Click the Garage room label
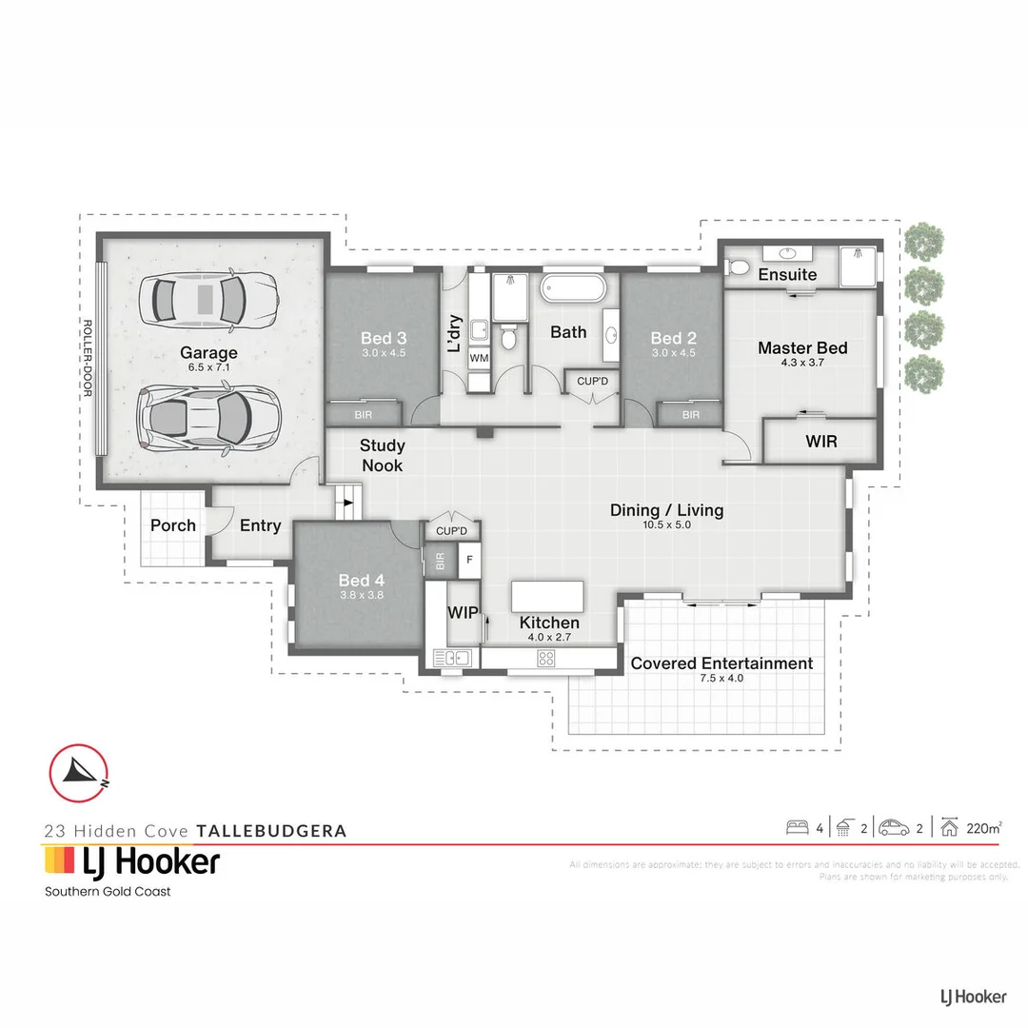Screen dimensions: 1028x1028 (x=208, y=353)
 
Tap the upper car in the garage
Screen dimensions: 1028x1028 (x=208, y=300)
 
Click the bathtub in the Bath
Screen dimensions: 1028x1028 (x=572, y=288)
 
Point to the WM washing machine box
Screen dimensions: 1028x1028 (x=479, y=357)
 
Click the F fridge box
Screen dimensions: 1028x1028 (x=468, y=559)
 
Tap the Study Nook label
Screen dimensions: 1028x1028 (x=382, y=455)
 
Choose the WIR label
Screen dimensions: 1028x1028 (x=820, y=442)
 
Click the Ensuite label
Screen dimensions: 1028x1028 (x=787, y=274)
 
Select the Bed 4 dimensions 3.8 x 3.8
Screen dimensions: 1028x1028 (x=362, y=596)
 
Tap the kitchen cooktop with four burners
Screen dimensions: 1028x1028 (x=546, y=657)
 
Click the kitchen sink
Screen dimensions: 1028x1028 (x=452, y=657)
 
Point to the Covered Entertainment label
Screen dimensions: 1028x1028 (x=722, y=663)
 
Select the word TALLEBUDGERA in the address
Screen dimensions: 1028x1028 (x=270, y=830)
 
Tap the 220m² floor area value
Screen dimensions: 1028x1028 (x=983, y=828)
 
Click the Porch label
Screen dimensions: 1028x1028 (x=173, y=525)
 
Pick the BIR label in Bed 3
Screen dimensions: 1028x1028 (x=364, y=415)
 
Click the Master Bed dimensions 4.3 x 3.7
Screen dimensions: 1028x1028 (x=802, y=363)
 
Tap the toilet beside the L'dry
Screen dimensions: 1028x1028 (x=509, y=337)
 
